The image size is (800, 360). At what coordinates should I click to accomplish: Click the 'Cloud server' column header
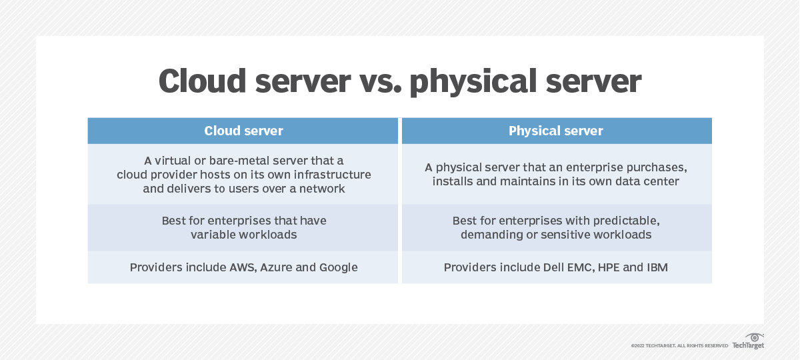243,131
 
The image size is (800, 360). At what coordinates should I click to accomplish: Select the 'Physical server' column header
555,131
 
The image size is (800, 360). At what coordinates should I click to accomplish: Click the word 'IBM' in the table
656,267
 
